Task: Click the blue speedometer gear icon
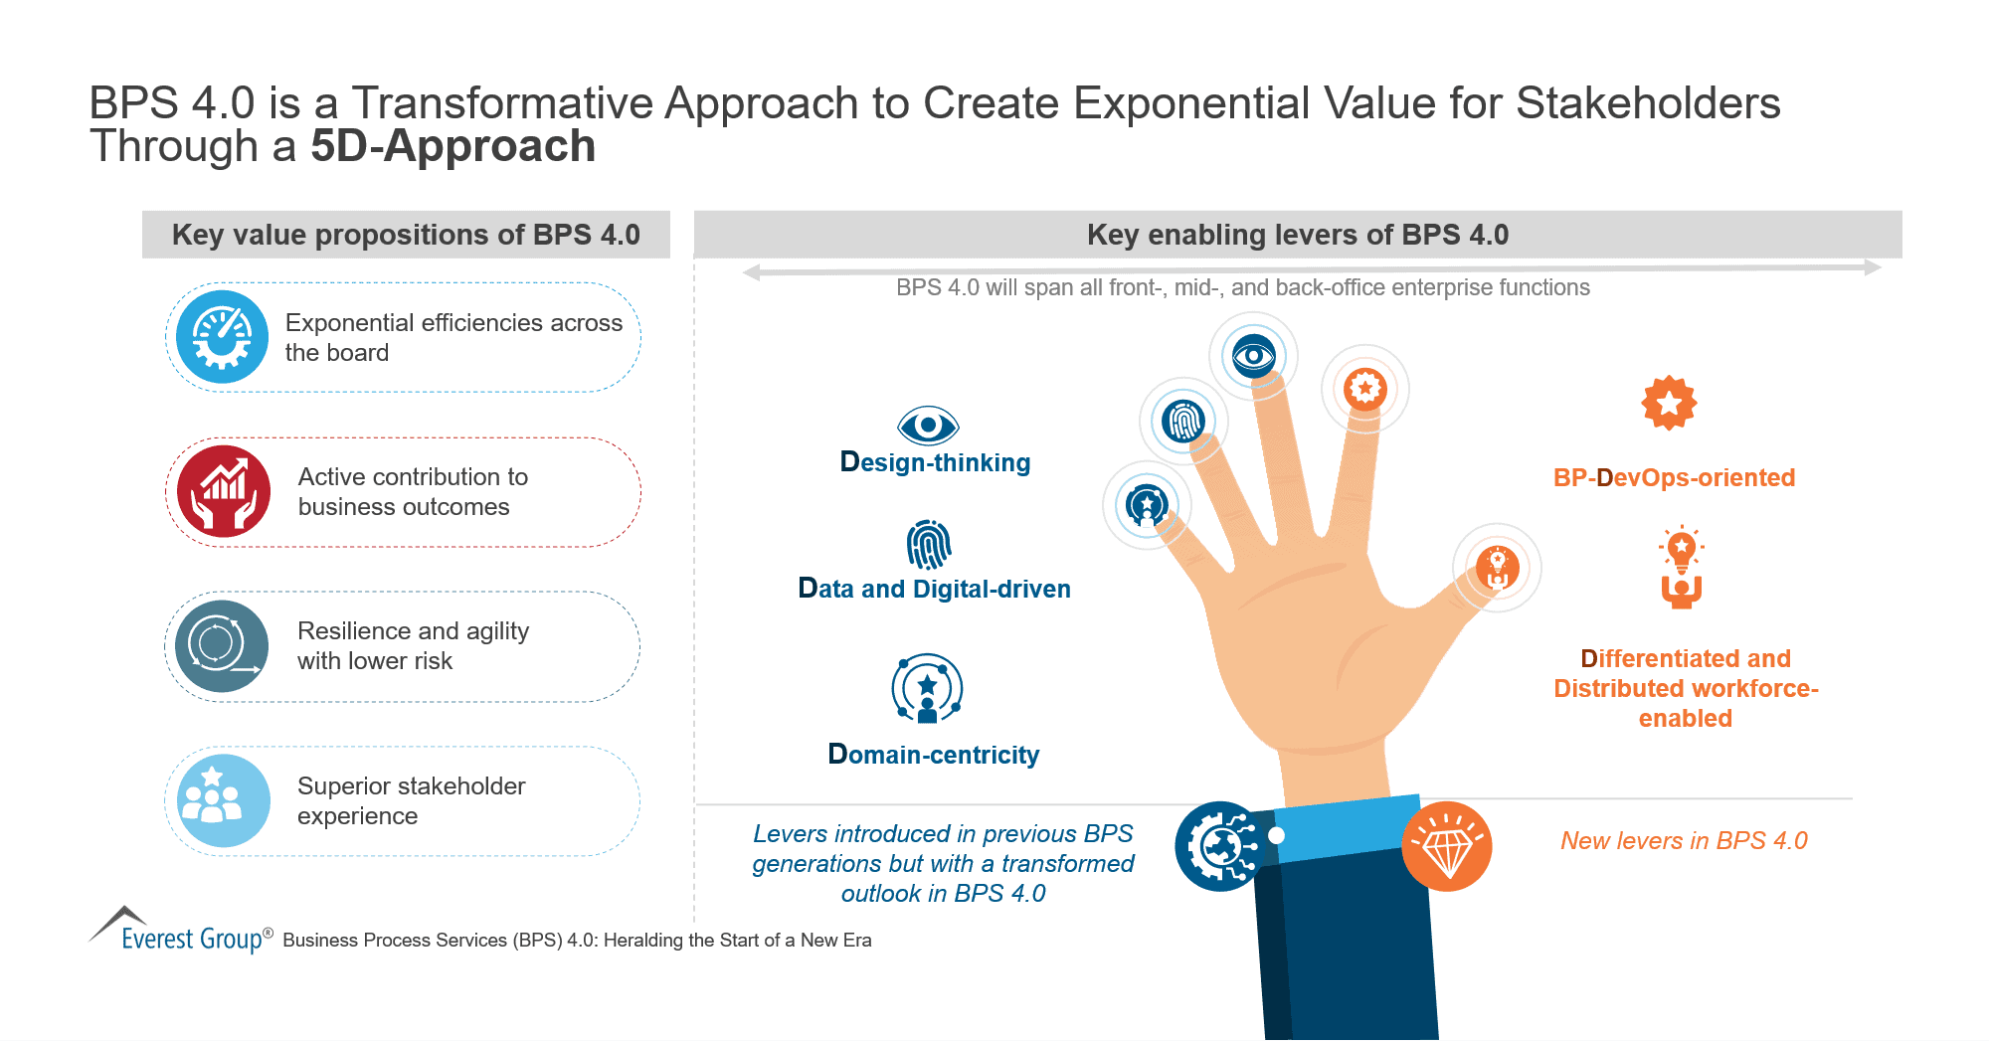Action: pos(222,337)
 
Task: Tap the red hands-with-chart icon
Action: pos(224,491)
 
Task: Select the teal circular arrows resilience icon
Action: pos(222,645)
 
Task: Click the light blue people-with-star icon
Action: pos(223,800)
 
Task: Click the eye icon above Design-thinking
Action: pos(928,426)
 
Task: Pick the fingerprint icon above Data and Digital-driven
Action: pos(929,544)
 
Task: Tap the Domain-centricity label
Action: pos(933,755)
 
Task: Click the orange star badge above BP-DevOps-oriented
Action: pos(1669,403)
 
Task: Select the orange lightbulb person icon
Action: pos(1681,567)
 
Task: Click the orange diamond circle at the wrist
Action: pos(1447,846)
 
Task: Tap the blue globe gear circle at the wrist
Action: pos(1220,846)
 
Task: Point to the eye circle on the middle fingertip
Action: pos(1253,356)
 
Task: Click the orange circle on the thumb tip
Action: pos(1497,567)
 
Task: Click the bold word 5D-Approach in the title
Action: pos(452,146)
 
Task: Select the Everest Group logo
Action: pos(179,931)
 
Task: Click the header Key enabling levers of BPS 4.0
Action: pos(1297,235)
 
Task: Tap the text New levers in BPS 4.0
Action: pos(1683,840)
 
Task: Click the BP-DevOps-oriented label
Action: pos(1674,477)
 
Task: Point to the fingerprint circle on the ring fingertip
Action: pos(1183,421)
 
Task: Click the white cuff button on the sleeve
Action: pos(1277,835)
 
